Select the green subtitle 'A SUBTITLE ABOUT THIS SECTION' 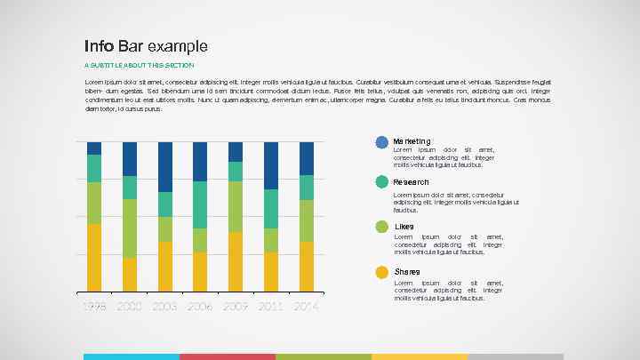point(139,65)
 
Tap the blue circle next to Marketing point(382,142)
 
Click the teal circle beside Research point(382,182)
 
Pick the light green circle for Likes point(382,227)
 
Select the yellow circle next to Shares point(382,272)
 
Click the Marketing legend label point(412,141)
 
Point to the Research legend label point(411,182)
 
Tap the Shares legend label point(407,271)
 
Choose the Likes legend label point(404,227)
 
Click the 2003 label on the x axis point(164,306)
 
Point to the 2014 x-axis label point(307,306)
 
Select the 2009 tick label point(236,306)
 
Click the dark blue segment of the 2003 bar point(164,166)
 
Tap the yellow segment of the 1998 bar point(94,257)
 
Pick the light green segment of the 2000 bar point(130,228)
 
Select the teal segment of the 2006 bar point(200,204)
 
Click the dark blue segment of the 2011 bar point(271,165)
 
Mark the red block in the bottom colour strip point(227,356)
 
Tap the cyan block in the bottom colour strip point(132,356)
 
